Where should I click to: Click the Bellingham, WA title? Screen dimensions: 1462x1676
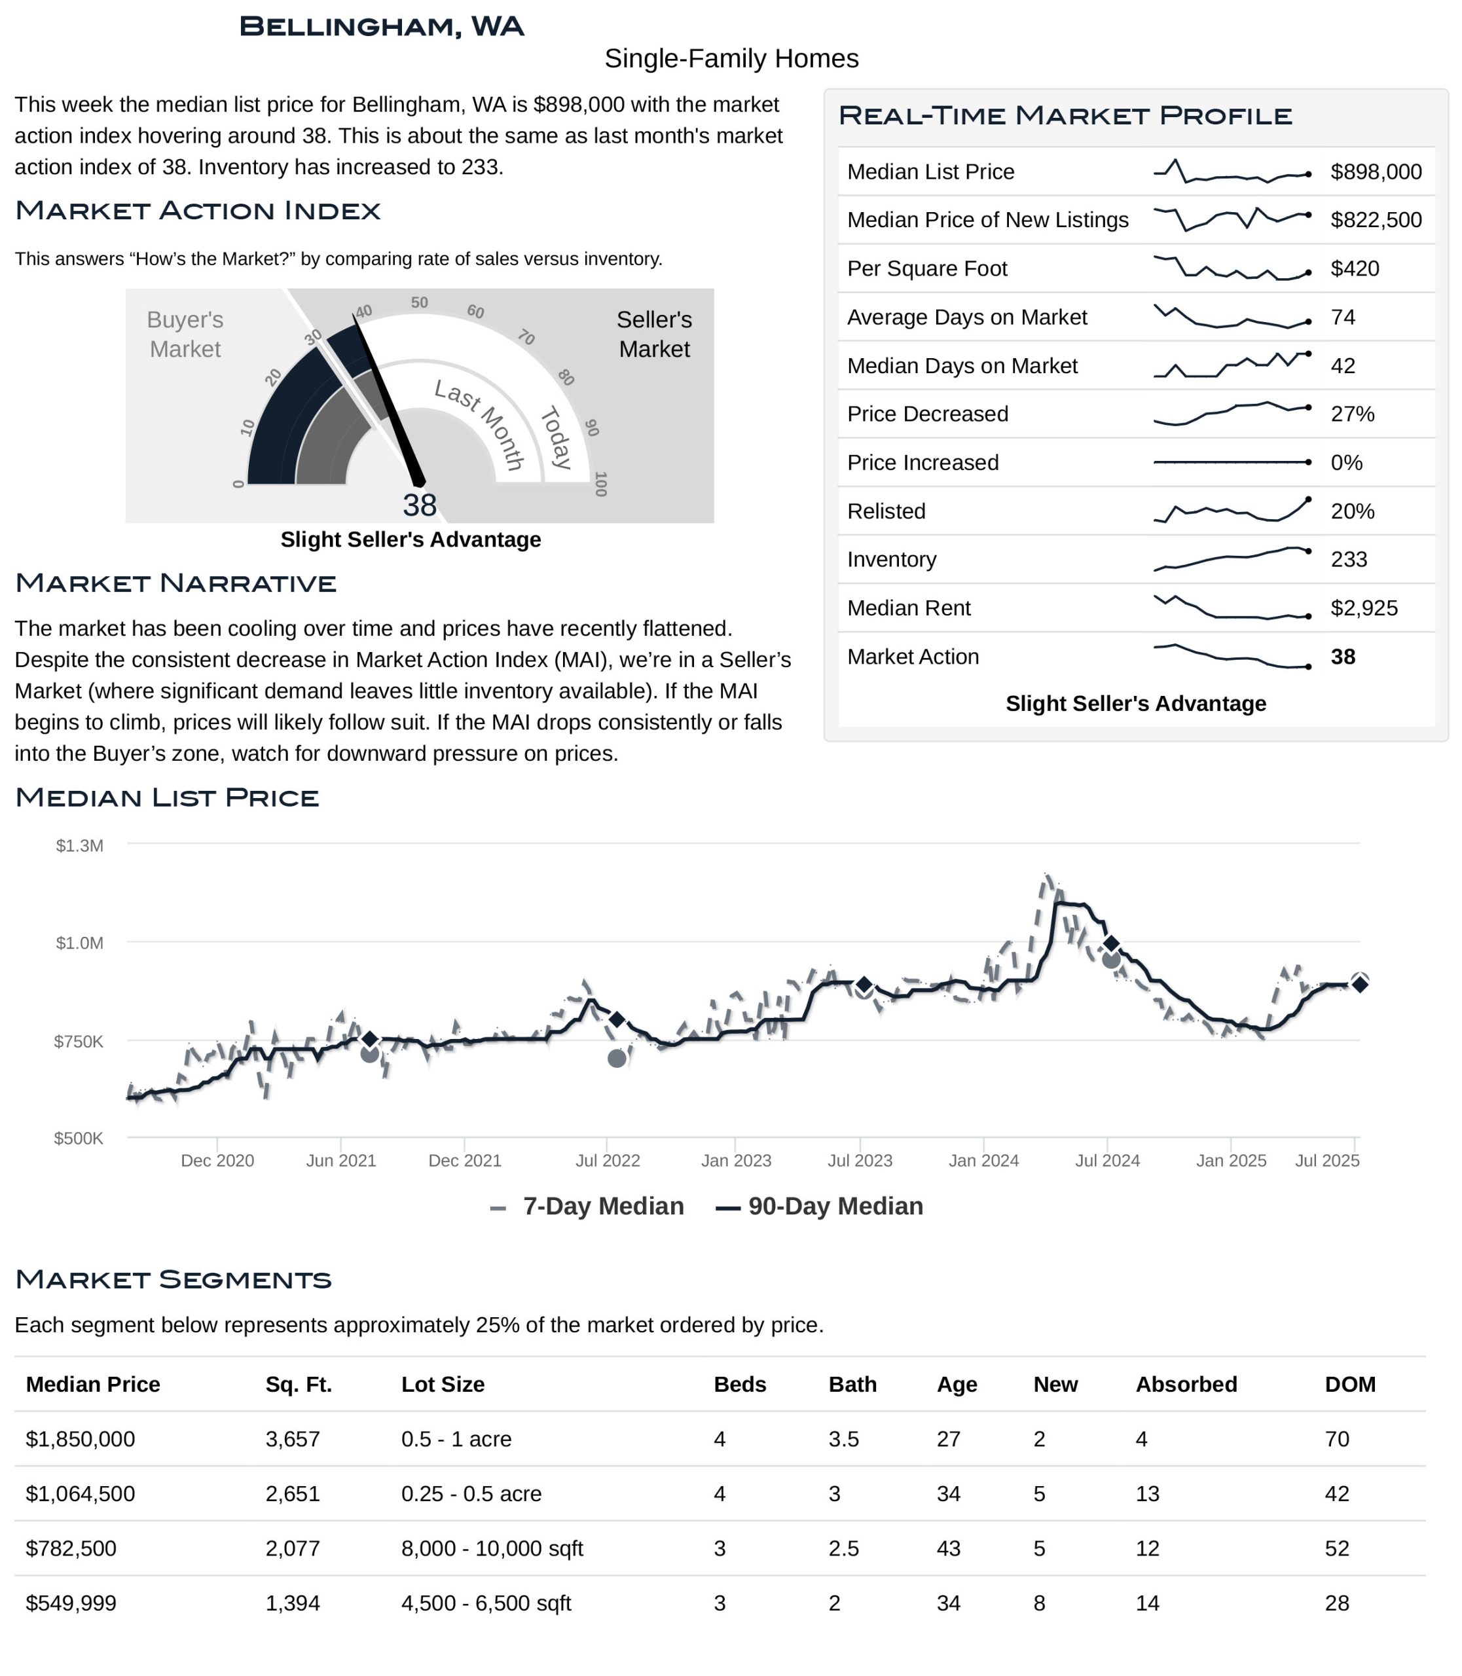coord(381,26)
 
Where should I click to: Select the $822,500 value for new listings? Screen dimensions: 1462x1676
coord(1376,221)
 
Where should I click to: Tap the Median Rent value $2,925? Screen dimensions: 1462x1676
coord(1363,608)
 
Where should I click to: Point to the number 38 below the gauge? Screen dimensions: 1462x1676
coord(419,506)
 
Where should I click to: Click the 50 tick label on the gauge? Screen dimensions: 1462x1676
coord(419,302)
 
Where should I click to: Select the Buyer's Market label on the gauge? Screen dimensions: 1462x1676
coord(185,335)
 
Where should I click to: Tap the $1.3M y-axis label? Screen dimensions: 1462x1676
coord(79,845)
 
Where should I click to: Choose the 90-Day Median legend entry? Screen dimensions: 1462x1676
coord(819,1206)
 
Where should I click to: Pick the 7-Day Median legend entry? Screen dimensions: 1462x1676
coord(587,1206)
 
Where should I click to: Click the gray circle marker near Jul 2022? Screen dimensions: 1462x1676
coord(617,1059)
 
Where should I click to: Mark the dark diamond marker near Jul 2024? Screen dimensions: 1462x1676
coord(1110,943)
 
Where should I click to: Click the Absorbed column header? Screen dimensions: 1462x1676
coord(1186,1385)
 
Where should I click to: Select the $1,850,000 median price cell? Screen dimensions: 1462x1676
coord(81,1440)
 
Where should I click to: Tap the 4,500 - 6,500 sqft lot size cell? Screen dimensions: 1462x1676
coord(486,1603)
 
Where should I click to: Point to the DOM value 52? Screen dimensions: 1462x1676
coord(1337,1549)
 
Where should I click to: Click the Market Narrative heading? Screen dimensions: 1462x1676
coord(175,583)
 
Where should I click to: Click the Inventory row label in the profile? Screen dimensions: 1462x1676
coord(892,560)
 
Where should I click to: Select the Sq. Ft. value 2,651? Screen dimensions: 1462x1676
coord(293,1494)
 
